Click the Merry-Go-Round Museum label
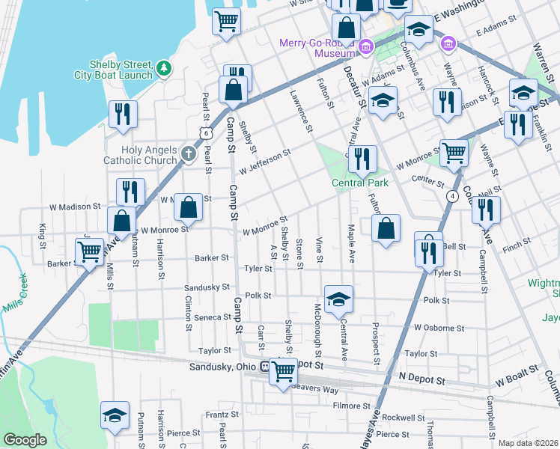[315, 48]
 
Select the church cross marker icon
[188, 156]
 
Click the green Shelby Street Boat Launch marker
[163, 70]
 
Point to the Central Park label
[360, 183]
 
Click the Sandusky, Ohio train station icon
[264, 367]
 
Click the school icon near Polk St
[338, 298]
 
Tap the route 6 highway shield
[205, 132]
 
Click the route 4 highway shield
[452, 196]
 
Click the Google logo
[25, 440]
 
